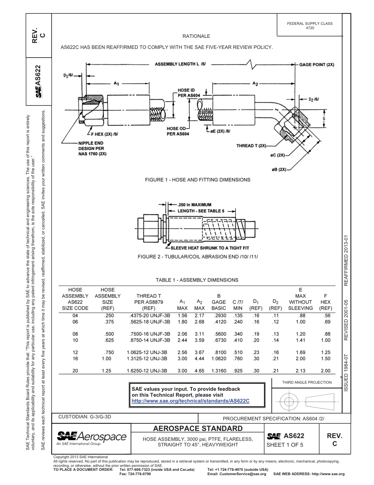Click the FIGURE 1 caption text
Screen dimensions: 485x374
pyautogui.click(x=198, y=180)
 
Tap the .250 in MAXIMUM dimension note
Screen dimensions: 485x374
pyautogui.click(x=194, y=205)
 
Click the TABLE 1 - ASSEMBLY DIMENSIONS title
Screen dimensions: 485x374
pyautogui.click(x=197, y=280)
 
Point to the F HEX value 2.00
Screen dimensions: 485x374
pyautogui.click(x=325, y=371)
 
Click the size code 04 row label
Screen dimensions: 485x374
pyautogui.click(x=76, y=316)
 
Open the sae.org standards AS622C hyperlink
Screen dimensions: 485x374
pyautogui.click(x=191, y=401)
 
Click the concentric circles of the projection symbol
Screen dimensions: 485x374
pyautogui.click(x=289, y=401)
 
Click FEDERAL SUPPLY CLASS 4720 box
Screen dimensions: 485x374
pyautogui.click(x=310, y=26)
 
